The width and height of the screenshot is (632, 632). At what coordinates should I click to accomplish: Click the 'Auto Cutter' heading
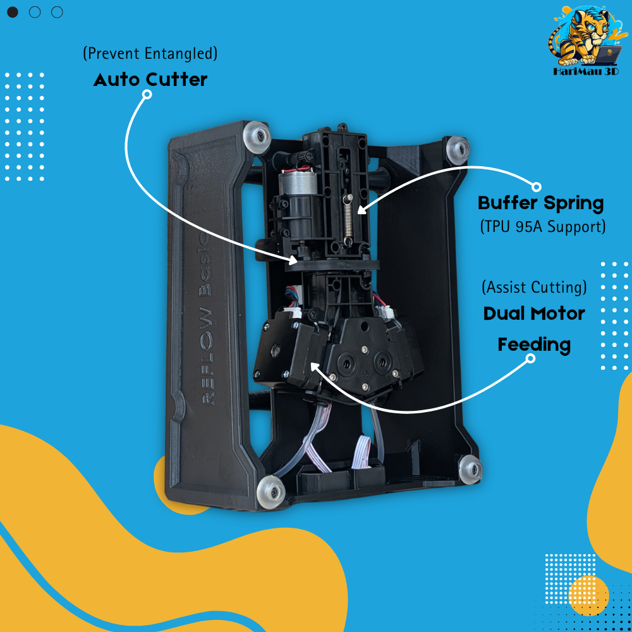150,80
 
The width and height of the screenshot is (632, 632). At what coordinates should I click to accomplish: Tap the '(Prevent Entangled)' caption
150,53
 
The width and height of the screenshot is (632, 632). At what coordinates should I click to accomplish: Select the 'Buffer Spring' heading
540,203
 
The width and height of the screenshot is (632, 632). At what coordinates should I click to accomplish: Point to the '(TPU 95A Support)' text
543,226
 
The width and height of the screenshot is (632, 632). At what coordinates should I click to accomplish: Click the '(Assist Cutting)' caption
535,288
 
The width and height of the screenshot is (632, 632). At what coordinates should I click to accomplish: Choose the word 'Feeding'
534,345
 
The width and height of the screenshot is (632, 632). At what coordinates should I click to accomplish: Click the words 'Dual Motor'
534,313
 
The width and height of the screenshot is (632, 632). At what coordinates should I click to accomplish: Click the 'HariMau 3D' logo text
586,72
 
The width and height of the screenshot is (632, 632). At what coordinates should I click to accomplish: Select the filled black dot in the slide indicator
13,12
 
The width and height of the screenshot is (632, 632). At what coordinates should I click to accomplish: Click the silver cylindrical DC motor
294,185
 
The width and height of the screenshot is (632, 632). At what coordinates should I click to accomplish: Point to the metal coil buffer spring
349,220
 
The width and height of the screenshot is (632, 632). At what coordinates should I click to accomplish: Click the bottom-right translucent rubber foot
470,469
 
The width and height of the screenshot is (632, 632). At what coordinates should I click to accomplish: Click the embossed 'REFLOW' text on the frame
207,356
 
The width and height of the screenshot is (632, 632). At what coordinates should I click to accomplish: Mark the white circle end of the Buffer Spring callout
536,187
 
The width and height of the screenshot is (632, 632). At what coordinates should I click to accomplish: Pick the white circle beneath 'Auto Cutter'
147,94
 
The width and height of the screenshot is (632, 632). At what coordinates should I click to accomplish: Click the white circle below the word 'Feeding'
531,358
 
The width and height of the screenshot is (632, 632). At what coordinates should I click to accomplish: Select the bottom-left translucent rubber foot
271,492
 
